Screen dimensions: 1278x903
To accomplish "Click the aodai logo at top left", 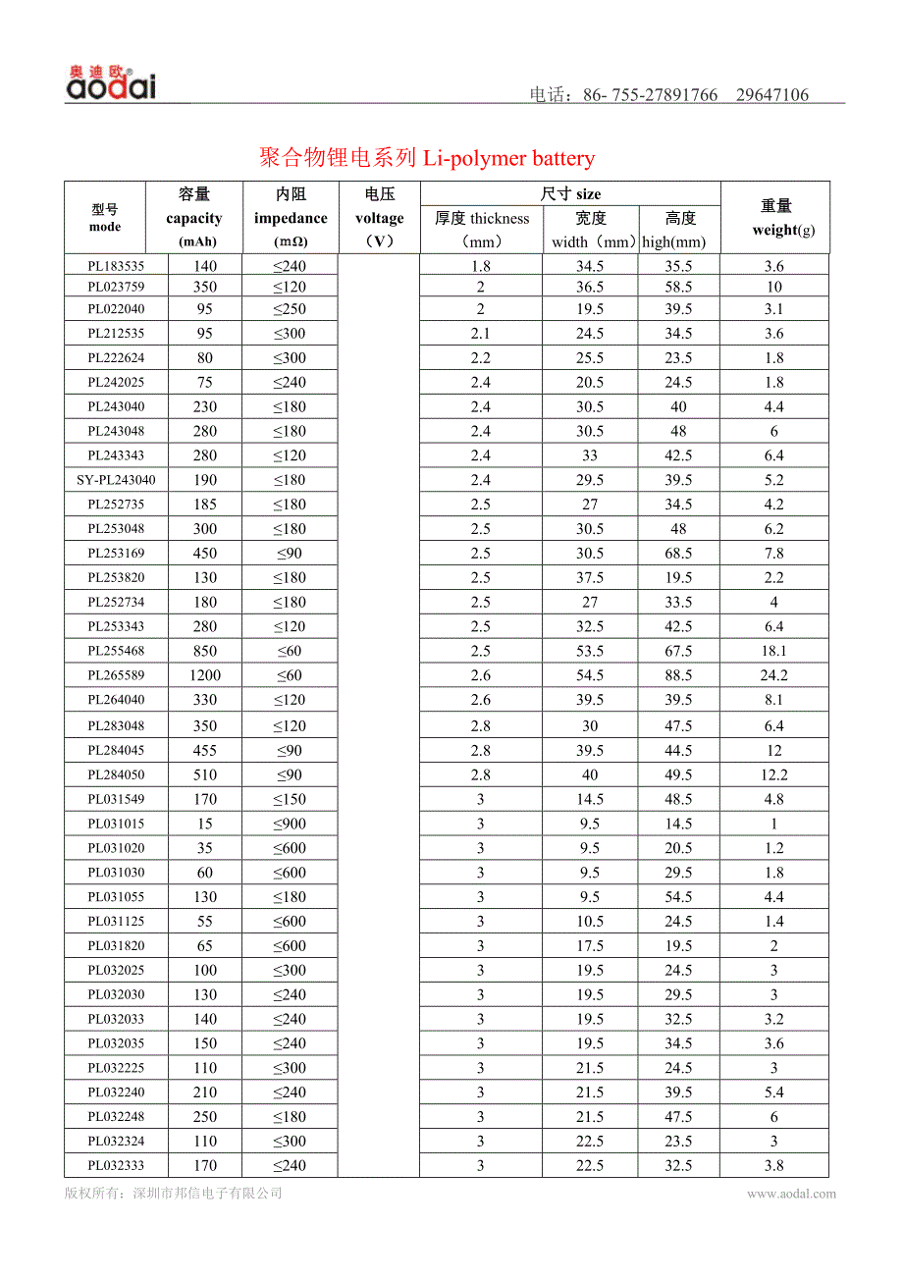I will [x=111, y=84].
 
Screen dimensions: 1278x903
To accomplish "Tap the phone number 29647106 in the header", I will [x=771, y=95].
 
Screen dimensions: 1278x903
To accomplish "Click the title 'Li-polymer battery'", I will [x=508, y=158].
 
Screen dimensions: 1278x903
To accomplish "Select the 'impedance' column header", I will [x=291, y=218].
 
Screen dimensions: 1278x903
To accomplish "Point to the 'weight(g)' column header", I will [x=783, y=230].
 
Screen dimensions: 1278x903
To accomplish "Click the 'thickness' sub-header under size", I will [x=481, y=218].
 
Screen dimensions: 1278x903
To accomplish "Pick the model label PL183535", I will [x=116, y=266].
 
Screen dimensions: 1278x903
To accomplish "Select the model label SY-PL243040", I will [x=116, y=480].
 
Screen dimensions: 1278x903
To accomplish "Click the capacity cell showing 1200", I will [x=205, y=675].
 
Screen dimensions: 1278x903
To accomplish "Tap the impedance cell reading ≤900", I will [x=290, y=824].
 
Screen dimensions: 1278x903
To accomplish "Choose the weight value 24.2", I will [x=773, y=675].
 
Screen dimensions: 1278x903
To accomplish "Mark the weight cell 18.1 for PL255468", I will [x=773, y=651].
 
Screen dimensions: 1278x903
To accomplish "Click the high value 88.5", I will [x=678, y=675].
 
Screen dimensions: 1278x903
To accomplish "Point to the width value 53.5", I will [x=590, y=651].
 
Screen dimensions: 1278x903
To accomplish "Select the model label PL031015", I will [x=116, y=824].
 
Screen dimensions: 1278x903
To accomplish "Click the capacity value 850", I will [x=205, y=651].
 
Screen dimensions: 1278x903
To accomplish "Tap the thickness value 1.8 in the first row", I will [x=481, y=266].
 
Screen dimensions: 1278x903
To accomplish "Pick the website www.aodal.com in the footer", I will [x=791, y=1194].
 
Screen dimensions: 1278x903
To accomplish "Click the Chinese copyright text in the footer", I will [x=174, y=1194].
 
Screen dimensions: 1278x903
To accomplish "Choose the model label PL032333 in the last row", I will [x=116, y=1166].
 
